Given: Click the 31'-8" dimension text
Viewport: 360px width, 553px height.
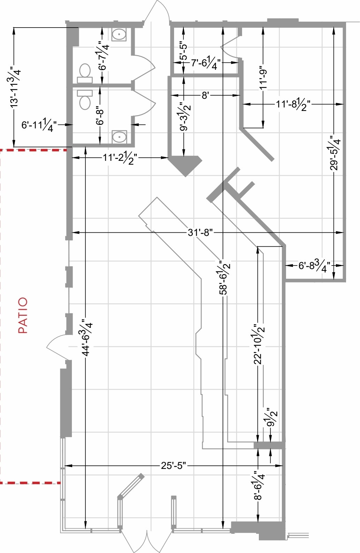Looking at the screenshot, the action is click(x=200, y=232).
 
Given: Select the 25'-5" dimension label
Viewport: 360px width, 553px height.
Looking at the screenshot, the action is click(x=173, y=466).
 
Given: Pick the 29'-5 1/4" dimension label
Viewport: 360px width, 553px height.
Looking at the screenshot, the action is click(x=335, y=153).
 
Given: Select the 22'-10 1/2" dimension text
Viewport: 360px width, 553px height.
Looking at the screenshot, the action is click(x=259, y=344).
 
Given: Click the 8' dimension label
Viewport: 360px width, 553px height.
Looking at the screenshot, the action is click(x=205, y=95).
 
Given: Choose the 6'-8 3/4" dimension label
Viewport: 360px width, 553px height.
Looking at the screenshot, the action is click(x=314, y=266).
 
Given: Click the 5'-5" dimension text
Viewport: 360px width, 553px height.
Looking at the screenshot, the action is click(x=183, y=52).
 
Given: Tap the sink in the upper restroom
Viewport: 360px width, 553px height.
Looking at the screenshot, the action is click(x=119, y=34).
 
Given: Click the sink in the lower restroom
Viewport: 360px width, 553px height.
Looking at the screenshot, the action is click(x=119, y=137).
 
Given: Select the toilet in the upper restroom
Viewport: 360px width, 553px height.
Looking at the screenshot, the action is click(x=85, y=73).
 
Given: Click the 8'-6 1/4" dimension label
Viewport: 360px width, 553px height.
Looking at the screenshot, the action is click(x=259, y=485).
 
